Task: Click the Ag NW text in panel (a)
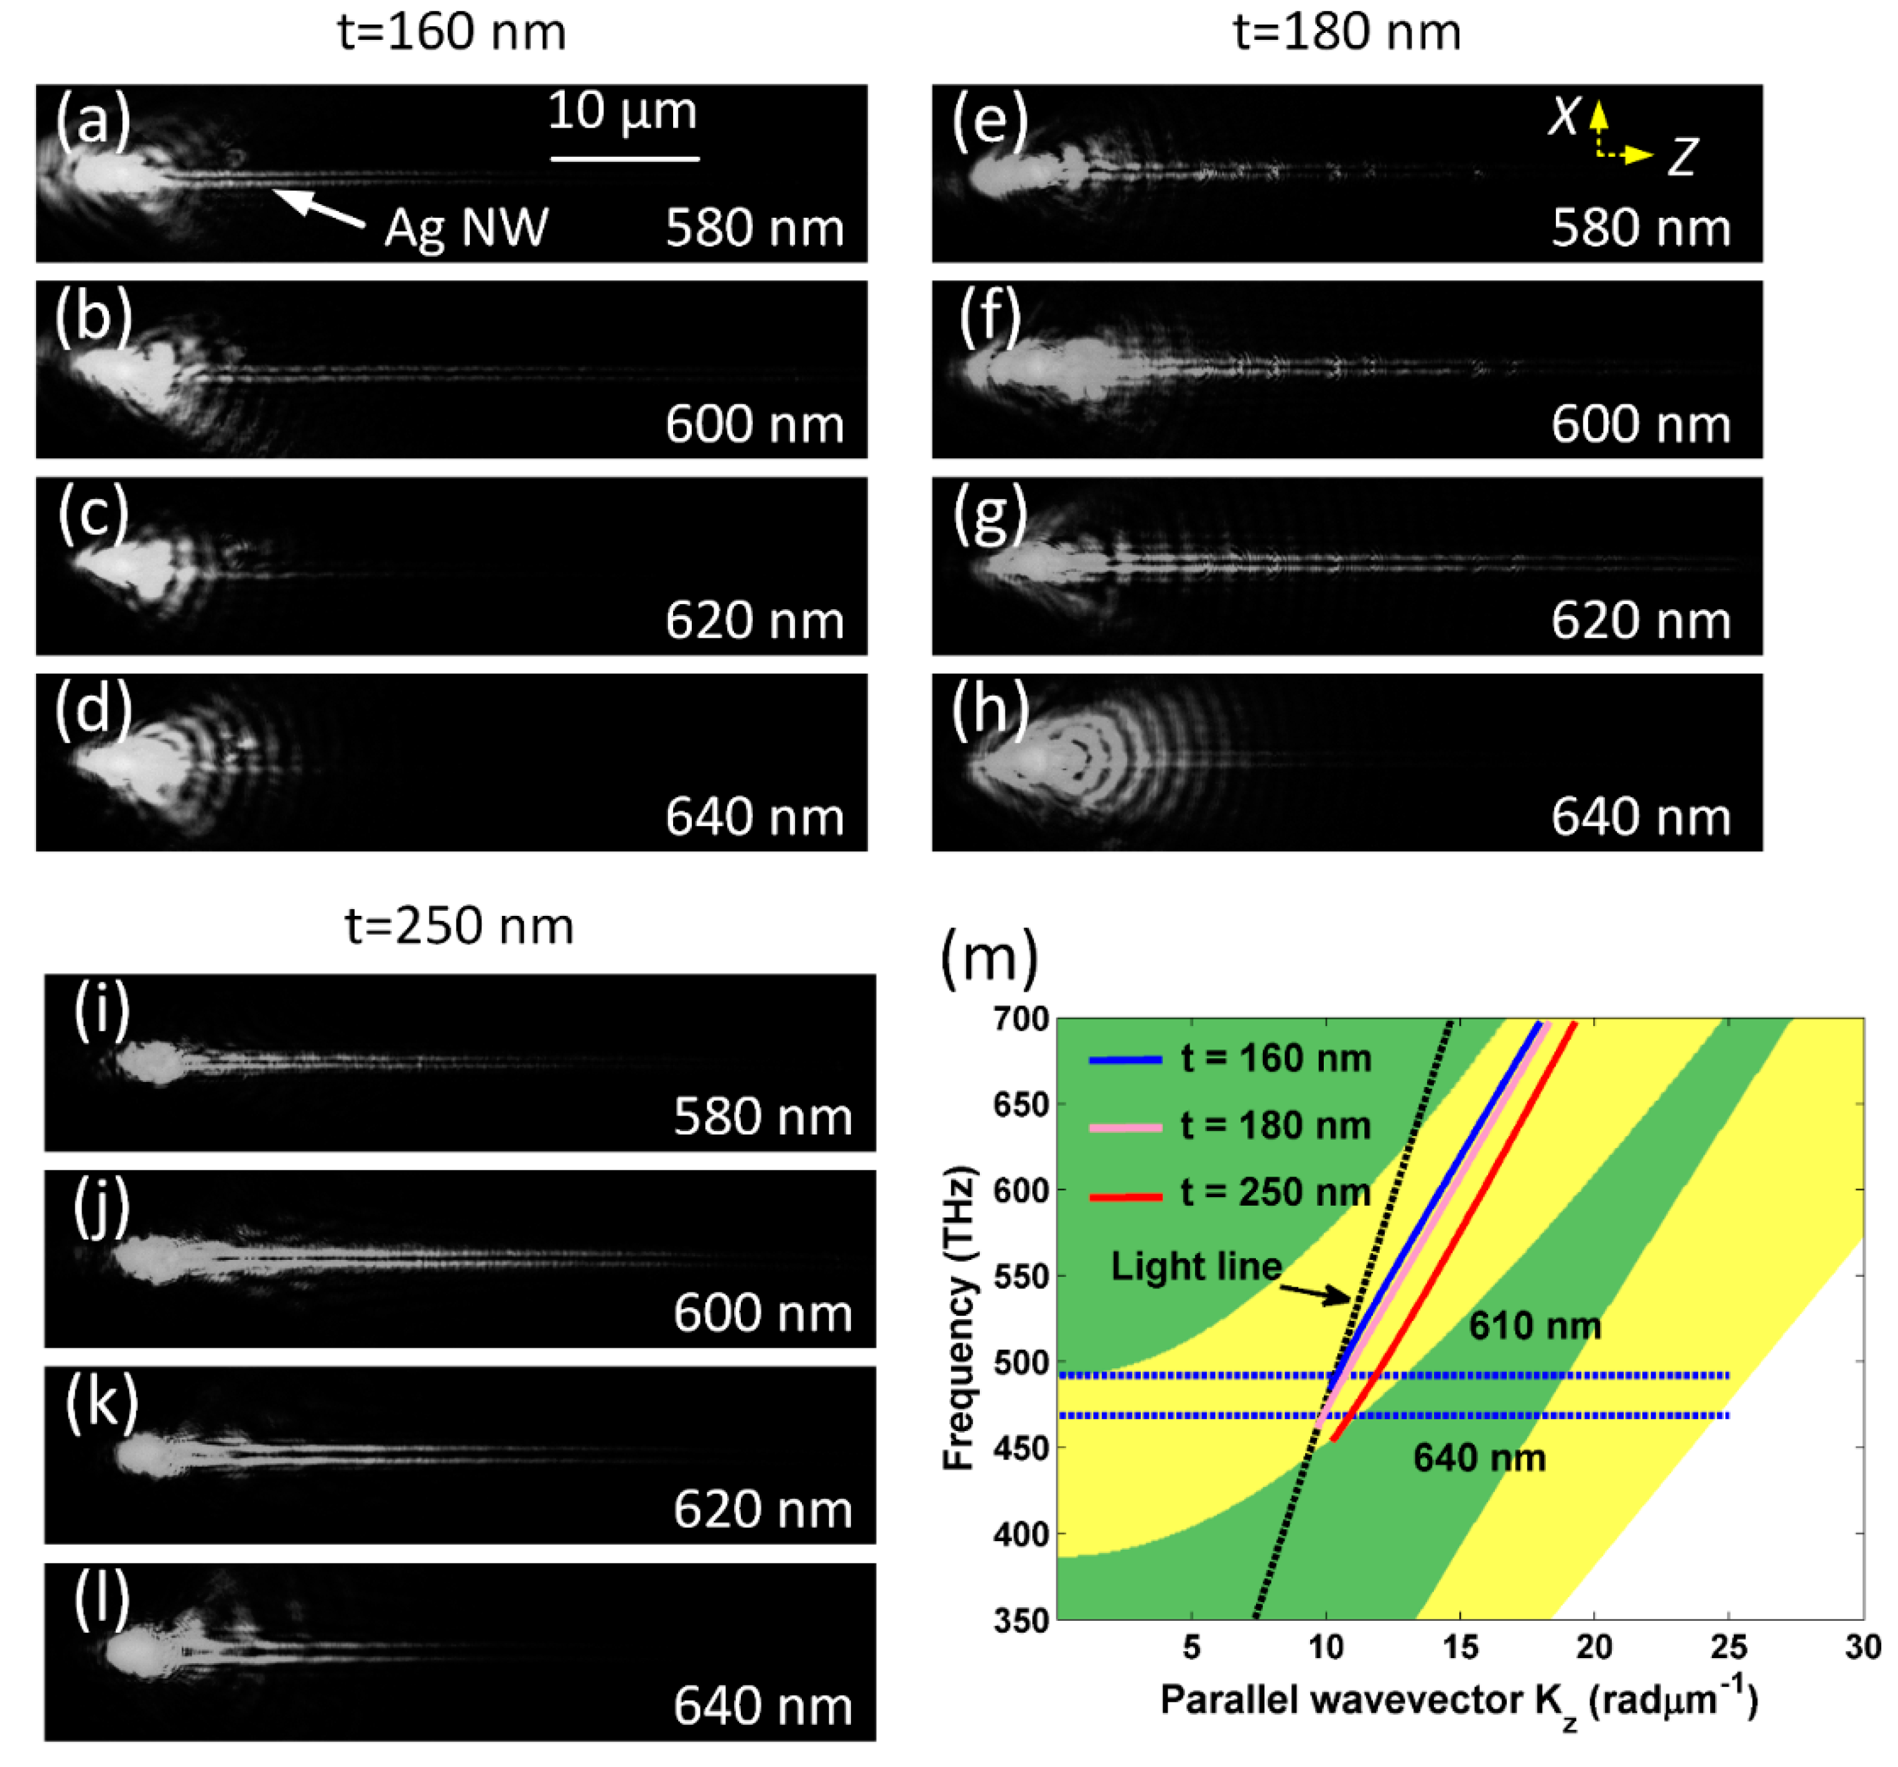(466, 227)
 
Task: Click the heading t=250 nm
(459, 926)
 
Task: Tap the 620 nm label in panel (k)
(762, 1509)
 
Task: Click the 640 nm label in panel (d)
(754, 817)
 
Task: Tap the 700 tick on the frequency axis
(1021, 1020)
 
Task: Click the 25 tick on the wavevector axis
(1728, 1647)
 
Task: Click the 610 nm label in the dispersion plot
(1534, 1326)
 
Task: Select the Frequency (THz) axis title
(959, 1317)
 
